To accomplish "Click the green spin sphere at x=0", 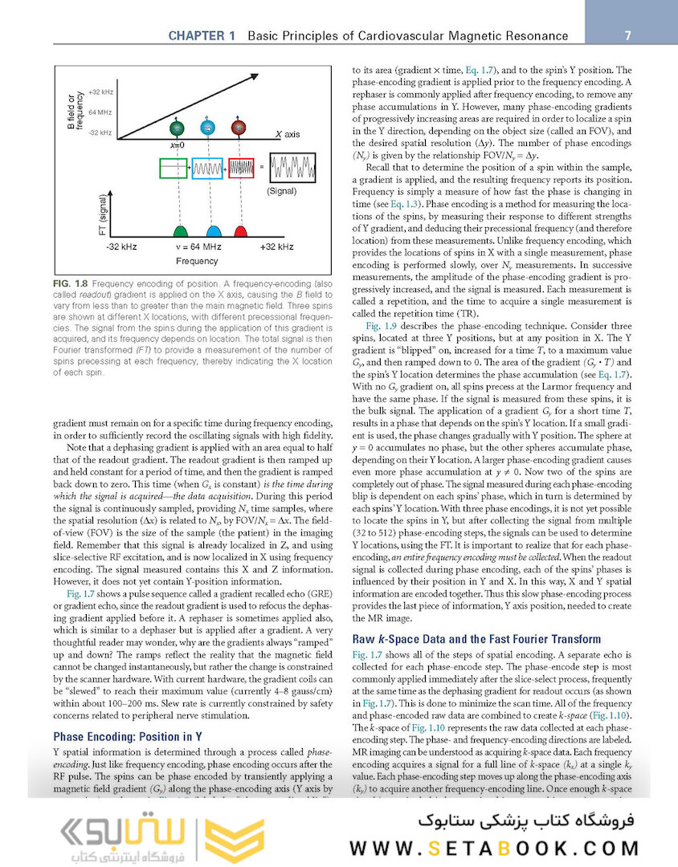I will point(177,128).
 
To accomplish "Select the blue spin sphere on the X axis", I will point(207,128).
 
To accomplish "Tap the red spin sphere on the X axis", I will point(238,128).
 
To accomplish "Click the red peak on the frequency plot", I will point(239,230).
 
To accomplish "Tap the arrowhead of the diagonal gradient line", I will point(259,75).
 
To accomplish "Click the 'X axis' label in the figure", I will point(288,134).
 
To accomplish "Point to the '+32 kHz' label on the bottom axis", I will point(276,246).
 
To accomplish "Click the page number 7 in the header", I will point(627,35).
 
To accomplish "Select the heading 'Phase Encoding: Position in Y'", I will point(128,735).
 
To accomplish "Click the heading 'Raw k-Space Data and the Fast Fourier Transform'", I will point(476,639).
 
